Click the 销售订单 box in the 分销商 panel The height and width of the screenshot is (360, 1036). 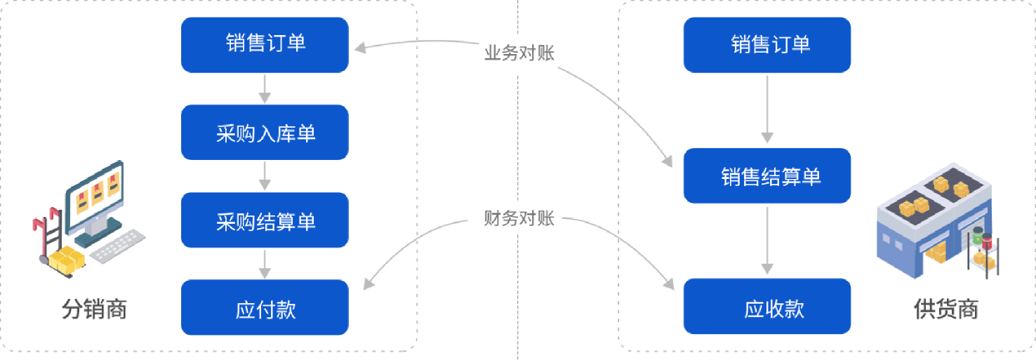coord(265,45)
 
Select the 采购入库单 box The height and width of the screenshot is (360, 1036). coord(265,132)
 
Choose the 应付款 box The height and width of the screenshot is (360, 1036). coord(265,307)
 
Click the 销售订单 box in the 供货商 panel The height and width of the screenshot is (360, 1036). coord(766,45)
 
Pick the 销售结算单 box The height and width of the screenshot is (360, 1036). coord(766,175)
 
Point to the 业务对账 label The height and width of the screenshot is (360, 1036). coord(519,53)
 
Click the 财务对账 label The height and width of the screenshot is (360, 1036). coord(519,218)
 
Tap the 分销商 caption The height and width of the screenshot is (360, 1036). coord(95,309)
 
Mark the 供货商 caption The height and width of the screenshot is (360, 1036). coord(945,309)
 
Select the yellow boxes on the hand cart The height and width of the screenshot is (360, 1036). coord(66,260)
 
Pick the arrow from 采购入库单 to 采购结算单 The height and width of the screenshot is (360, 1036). coord(265,176)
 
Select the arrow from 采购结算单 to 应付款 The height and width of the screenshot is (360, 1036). coord(265,263)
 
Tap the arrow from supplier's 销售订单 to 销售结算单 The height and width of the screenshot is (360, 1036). coord(766,109)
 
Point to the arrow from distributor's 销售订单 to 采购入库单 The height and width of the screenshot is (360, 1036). coord(265,88)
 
